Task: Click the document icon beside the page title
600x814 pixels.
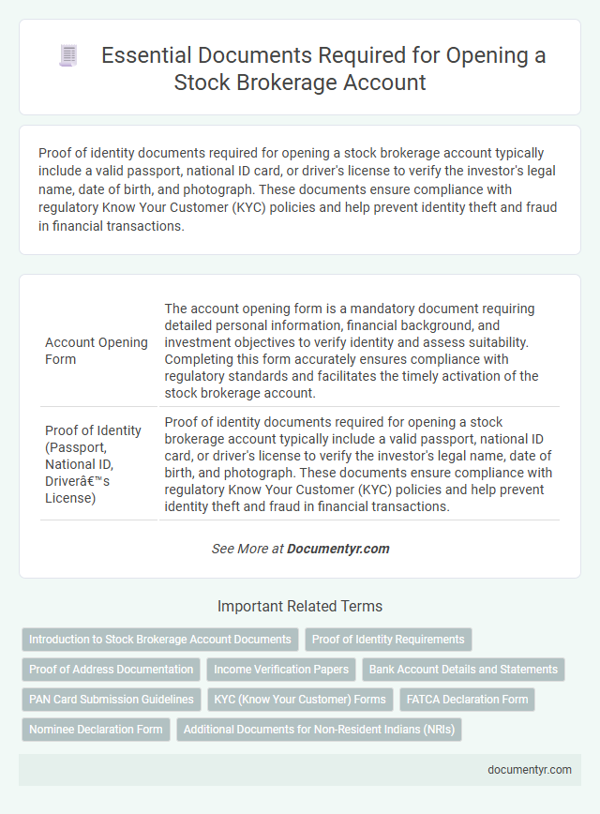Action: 68,56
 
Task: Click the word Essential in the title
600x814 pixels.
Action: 142,56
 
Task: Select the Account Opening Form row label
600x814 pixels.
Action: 97,351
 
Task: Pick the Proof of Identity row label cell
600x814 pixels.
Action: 93,462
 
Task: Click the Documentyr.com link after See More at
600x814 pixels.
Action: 338,549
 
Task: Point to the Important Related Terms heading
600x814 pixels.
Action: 300,606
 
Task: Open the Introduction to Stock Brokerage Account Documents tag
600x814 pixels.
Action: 160,640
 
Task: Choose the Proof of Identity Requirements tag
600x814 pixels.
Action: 388,640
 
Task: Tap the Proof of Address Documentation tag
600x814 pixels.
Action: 112,670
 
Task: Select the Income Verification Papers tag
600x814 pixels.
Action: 281,670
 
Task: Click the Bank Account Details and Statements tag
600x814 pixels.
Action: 463,670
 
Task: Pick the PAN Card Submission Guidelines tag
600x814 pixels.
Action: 112,700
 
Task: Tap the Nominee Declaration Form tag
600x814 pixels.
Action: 96,730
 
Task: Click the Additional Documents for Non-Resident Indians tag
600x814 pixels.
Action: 319,730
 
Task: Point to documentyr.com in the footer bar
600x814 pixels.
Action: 530,770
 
